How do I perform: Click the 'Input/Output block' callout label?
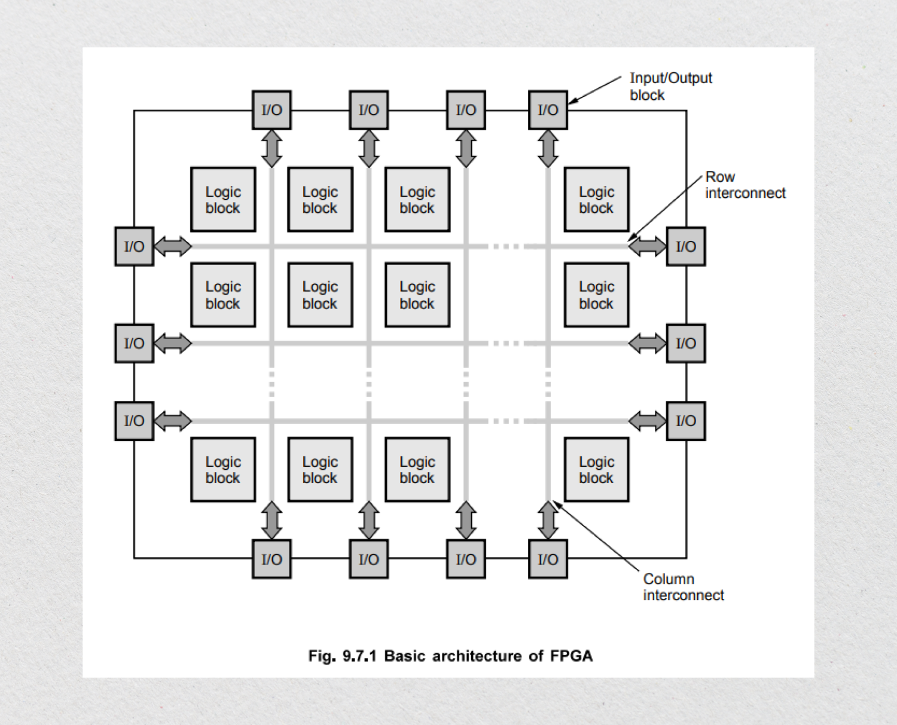[x=670, y=87]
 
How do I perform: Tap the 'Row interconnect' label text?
[x=745, y=185]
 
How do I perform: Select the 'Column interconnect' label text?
[x=683, y=587]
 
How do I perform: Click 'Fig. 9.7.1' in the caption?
[x=342, y=656]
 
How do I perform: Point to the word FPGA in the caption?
[x=571, y=656]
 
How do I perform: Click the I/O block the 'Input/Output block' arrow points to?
[x=548, y=110]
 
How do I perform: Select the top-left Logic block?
[x=223, y=200]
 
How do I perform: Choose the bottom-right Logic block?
[x=596, y=470]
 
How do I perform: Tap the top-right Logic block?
[x=596, y=200]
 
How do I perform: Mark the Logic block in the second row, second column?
[x=320, y=295]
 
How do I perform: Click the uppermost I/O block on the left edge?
[x=134, y=246]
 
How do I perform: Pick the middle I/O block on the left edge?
[x=134, y=343]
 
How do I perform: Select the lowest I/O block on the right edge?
[x=686, y=421]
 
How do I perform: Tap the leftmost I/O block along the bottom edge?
[x=271, y=559]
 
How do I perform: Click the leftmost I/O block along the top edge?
[x=271, y=110]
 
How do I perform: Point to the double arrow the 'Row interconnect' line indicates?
[x=647, y=246]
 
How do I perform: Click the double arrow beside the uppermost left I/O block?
[x=173, y=246]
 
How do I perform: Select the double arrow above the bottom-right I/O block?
[x=548, y=520]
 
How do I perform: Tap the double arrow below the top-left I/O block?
[x=271, y=148]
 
